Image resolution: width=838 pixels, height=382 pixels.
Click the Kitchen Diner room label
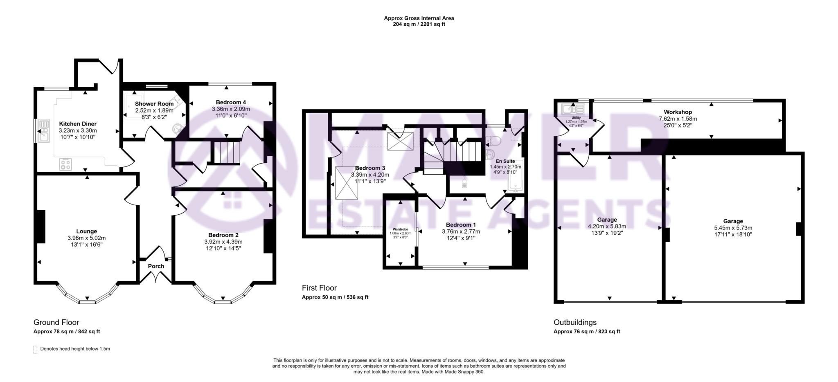click(78, 124)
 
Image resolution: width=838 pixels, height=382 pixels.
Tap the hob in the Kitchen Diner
click(65, 164)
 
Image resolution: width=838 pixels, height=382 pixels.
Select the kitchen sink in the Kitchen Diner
click(43, 130)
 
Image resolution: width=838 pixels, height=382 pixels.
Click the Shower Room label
click(154, 104)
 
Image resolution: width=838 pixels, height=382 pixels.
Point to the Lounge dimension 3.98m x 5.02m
click(86, 238)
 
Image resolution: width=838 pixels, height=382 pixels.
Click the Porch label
click(156, 266)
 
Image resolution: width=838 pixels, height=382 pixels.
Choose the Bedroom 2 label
click(223, 235)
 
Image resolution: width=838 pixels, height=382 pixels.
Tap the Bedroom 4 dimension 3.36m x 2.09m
click(231, 109)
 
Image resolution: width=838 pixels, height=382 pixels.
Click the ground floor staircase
click(226, 152)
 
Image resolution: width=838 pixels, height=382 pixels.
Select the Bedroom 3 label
click(370, 168)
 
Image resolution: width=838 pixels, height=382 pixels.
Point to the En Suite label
click(505, 162)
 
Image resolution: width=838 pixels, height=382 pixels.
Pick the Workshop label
click(678, 112)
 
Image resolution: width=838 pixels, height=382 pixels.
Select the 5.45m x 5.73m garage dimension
click(733, 228)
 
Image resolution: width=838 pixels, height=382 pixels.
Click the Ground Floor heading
click(56, 322)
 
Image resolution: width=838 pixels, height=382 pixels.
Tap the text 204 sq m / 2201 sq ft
click(419, 24)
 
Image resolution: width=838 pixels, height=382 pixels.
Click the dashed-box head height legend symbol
click(35, 350)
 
